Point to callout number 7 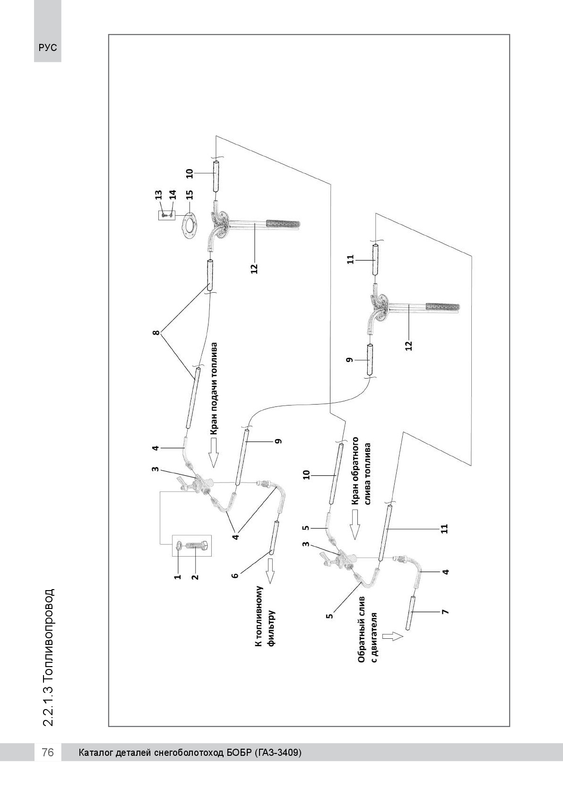click(x=445, y=612)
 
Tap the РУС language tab click(x=48, y=48)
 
